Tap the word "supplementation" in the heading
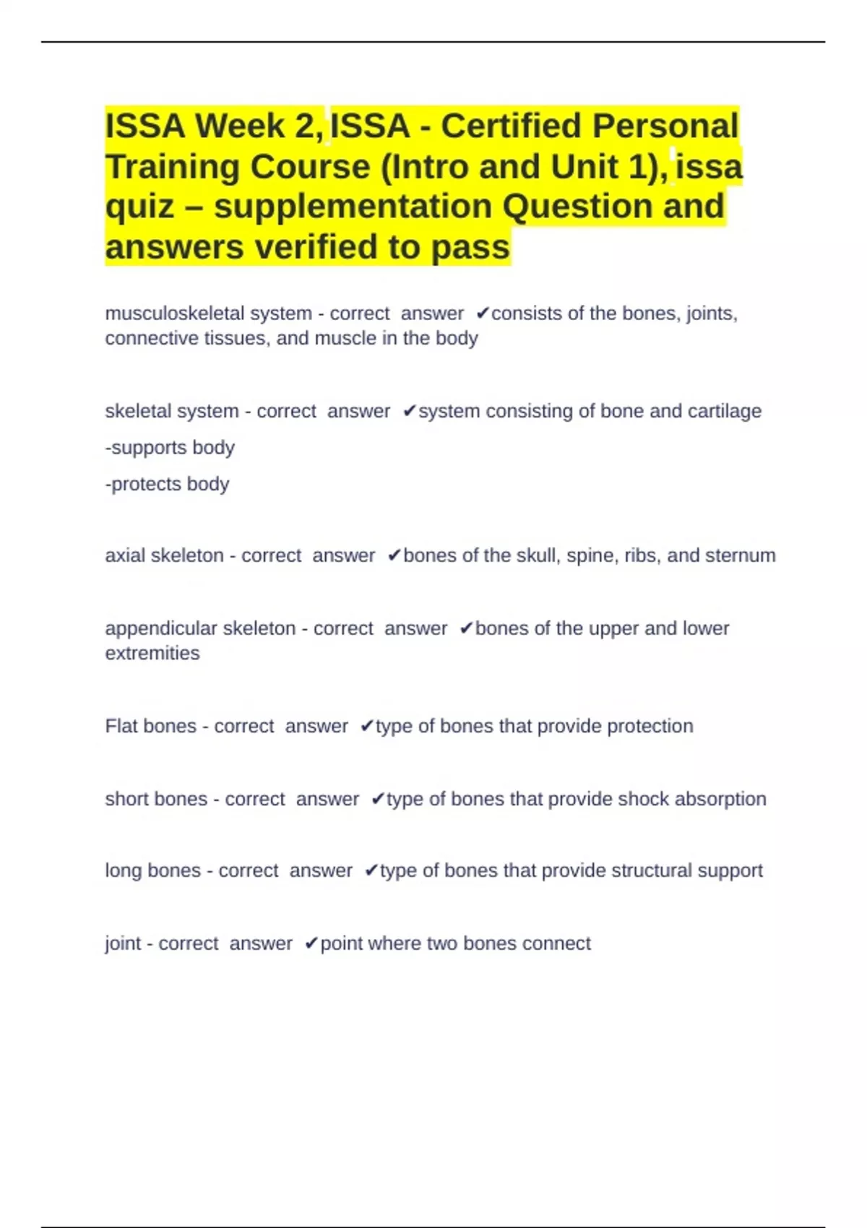pyautogui.click(x=353, y=206)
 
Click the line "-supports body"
pyautogui.click(x=170, y=448)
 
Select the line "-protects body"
pyautogui.click(x=167, y=484)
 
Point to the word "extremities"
pyautogui.click(x=152, y=653)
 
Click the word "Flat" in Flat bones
pyautogui.click(x=121, y=726)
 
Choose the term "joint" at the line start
pyautogui.click(x=123, y=943)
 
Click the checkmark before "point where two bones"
pyautogui.click(x=311, y=943)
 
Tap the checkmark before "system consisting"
pyautogui.click(x=409, y=411)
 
